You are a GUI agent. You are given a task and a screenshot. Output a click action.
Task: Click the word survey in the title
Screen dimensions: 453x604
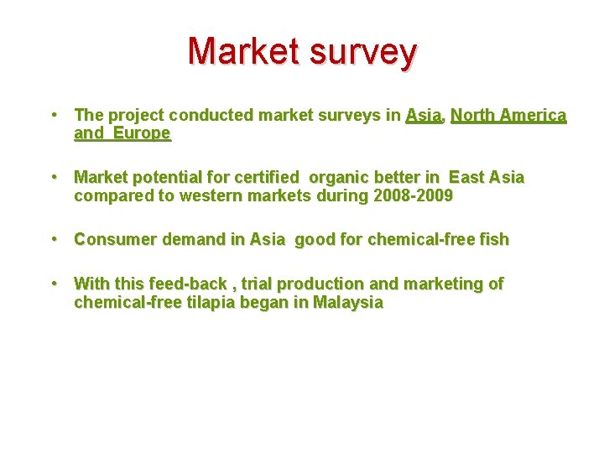362,51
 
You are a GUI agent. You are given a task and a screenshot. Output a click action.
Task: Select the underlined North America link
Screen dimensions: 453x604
508,115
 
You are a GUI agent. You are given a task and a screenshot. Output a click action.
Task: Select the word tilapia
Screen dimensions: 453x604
194,303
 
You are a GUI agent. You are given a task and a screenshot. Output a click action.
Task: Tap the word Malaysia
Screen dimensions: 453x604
347,303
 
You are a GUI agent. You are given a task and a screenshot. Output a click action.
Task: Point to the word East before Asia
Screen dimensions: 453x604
467,178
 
